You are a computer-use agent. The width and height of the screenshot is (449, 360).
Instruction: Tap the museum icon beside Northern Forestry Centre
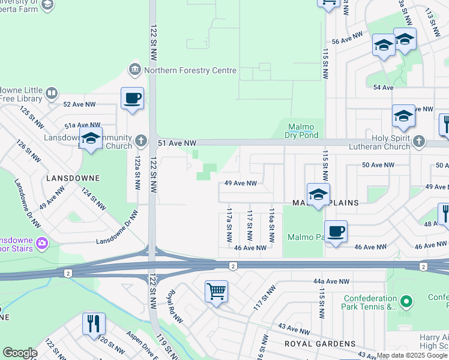134,70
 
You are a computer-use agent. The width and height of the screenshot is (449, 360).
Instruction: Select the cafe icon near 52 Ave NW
132,98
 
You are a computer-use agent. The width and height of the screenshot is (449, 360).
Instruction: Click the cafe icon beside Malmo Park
336,231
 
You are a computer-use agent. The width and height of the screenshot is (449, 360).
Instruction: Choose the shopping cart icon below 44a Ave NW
216,292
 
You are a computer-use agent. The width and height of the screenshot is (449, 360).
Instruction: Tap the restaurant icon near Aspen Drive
94,323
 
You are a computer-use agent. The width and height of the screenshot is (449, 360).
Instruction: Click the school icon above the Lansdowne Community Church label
91,138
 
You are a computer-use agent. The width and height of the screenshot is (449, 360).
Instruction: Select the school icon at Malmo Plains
318,194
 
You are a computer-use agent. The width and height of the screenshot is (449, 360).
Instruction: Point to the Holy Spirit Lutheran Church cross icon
418,142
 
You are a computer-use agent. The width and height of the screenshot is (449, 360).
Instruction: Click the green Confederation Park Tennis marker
406,301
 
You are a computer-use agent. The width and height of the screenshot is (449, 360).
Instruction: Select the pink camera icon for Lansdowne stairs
41,243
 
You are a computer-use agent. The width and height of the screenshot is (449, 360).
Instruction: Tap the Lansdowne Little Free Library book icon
52,94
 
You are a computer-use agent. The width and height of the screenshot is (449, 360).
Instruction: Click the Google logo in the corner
20,353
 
